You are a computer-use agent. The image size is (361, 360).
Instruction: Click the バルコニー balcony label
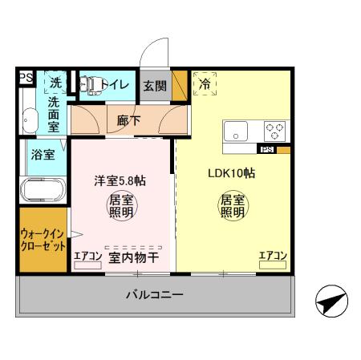154,295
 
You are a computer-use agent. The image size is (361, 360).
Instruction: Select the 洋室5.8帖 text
120,180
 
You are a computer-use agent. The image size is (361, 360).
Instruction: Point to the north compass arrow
330,302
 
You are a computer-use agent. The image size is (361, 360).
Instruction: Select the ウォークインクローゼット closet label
43,240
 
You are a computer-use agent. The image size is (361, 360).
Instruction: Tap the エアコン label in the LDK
273,256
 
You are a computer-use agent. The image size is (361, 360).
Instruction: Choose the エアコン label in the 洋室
87,257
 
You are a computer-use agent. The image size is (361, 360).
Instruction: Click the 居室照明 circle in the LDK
232,206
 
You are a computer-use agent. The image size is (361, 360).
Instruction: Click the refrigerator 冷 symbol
205,83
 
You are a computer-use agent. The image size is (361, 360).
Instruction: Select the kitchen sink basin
238,131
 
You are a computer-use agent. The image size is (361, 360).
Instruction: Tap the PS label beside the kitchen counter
266,150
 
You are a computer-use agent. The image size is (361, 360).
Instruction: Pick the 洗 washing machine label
55,82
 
